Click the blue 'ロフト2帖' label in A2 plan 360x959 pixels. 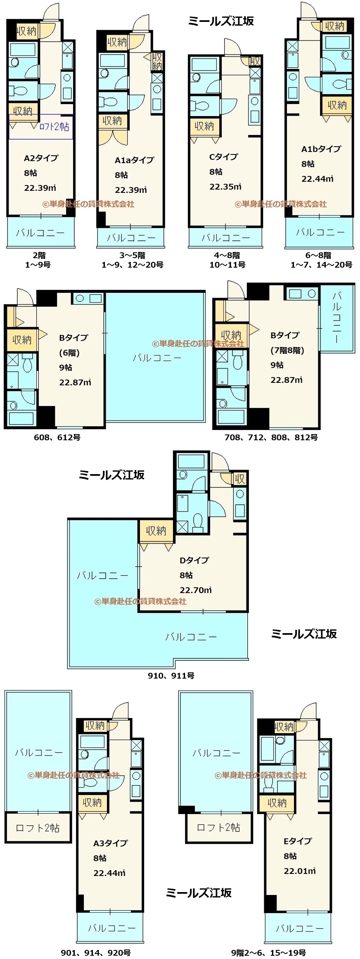pos(54,126)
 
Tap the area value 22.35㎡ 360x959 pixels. pos(225,186)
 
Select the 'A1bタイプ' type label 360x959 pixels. pos(321,149)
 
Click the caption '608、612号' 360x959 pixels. pos(57,437)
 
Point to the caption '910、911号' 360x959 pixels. pos(171,675)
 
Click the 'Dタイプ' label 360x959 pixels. pos(194,560)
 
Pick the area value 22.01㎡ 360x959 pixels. pos(300,871)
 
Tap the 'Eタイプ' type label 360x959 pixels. pos(298,840)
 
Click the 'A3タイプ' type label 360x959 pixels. pos(110,843)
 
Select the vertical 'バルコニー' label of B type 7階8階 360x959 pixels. pos(337,317)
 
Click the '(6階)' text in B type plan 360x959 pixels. pos(69,353)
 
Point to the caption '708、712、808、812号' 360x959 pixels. pos(271,437)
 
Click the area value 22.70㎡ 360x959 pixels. pos(196,590)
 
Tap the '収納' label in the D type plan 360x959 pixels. pos(156,531)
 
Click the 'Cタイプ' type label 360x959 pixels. pos(224,157)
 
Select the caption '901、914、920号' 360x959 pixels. pos(96,952)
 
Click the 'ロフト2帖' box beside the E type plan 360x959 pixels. pos(219,827)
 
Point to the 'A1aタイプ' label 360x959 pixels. pos(134,160)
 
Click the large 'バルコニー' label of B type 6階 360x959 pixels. pos(157,358)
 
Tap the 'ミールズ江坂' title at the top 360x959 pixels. pos(221,21)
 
